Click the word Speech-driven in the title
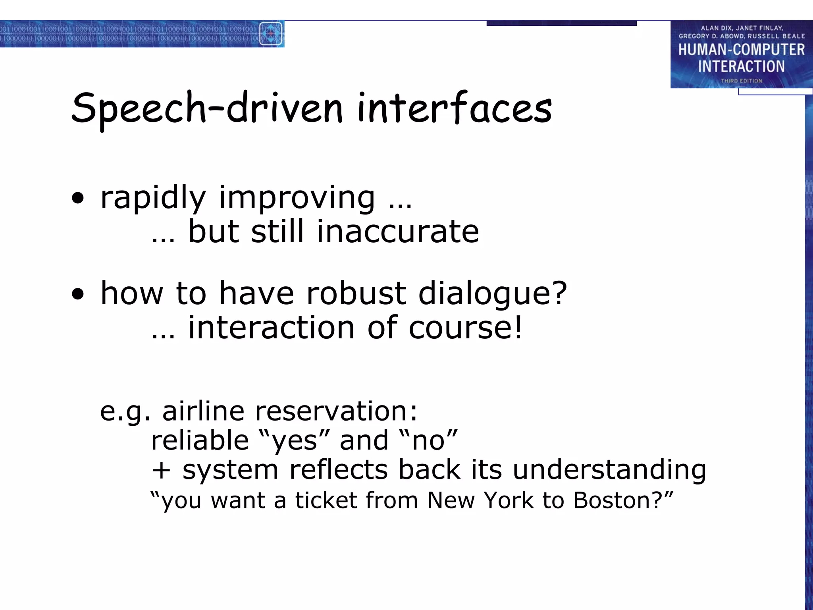[x=206, y=108]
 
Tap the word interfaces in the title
[x=454, y=108]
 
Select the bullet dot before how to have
[x=78, y=294]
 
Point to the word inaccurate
[x=398, y=232]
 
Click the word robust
[x=356, y=293]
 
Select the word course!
[x=465, y=328]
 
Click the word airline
[x=203, y=411]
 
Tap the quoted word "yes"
[x=294, y=440]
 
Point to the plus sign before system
[x=162, y=470]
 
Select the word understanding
[x=609, y=470]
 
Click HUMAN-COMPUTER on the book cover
[x=741, y=50]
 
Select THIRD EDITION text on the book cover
[x=741, y=81]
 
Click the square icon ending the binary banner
[x=271, y=34]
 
